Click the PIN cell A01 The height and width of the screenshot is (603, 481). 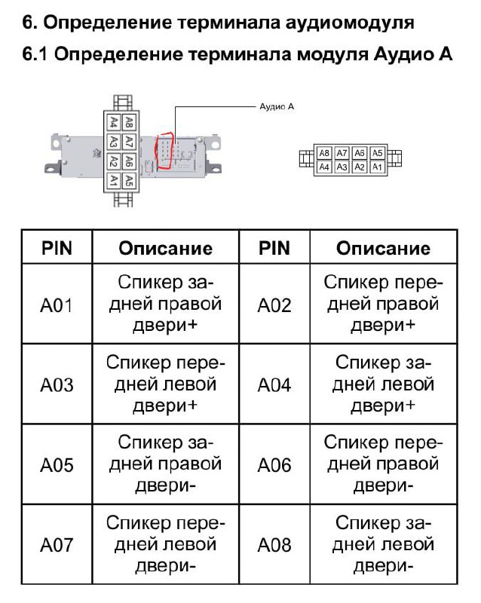(57, 305)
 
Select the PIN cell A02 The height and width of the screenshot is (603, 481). (274, 305)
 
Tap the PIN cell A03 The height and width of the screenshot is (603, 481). (57, 385)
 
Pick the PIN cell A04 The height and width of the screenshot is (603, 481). (274, 385)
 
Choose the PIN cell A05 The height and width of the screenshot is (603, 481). (57, 465)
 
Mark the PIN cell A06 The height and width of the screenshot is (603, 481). (274, 465)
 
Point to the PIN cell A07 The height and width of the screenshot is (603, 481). (57, 544)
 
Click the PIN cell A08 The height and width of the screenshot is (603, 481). (274, 544)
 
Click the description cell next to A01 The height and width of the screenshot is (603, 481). (165, 305)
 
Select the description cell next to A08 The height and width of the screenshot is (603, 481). (383, 544)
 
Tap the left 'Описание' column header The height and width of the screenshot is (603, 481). (165, 248)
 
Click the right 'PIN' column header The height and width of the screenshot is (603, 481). (274, 248)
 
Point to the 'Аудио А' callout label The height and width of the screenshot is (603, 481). (277, 107)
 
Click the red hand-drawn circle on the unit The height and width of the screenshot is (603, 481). (164, 153)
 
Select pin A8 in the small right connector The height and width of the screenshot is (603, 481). (324, 153)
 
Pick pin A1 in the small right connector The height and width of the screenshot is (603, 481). (378, 167)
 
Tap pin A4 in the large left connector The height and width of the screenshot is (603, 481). (113, 121)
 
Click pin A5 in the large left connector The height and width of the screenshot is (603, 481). (129, 180)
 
